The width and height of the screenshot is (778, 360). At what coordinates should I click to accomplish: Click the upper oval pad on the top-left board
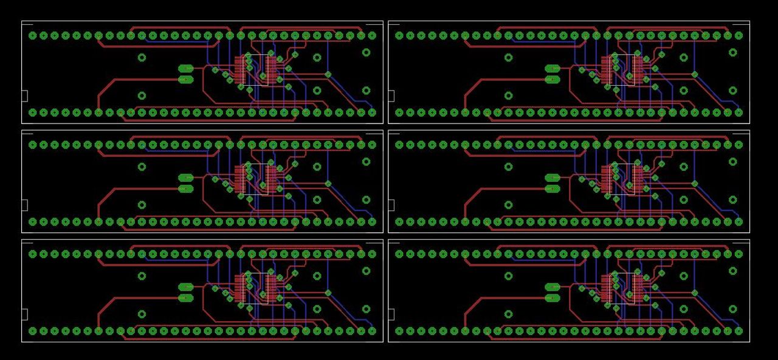(185, 69)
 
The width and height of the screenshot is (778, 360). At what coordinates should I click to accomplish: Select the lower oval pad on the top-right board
(552, 80)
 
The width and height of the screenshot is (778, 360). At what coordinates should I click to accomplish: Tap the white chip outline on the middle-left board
(256, 179)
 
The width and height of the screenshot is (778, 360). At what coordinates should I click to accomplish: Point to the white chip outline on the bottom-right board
(622, 288)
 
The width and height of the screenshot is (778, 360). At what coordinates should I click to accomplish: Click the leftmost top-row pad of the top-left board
(33, 35)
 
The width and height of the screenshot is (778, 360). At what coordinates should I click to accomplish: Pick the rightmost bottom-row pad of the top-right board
(738, 112)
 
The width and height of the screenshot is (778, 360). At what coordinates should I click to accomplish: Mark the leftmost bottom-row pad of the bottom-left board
(33, 331)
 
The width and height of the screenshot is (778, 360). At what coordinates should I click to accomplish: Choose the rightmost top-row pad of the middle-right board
(738, 145)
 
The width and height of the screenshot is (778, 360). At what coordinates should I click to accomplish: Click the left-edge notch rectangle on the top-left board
(25, 95)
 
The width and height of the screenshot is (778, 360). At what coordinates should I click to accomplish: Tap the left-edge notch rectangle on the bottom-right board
(391, 314)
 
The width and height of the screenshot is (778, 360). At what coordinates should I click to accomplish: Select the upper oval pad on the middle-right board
(552, 178)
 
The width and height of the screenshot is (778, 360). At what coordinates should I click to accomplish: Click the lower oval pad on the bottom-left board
(185, 298)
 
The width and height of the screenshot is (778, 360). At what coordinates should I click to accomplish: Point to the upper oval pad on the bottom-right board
(552, 287)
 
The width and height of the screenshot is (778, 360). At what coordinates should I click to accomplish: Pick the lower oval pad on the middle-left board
(185, 189)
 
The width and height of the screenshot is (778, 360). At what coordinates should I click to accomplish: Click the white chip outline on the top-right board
(622, 70)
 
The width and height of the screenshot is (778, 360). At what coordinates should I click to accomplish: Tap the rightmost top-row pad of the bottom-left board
(372, 254)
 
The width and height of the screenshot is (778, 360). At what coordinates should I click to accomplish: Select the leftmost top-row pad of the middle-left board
(33, 145)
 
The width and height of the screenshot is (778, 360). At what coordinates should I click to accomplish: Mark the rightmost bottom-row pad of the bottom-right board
(738, 331)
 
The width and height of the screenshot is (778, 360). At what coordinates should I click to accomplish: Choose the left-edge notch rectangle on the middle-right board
(391, 205)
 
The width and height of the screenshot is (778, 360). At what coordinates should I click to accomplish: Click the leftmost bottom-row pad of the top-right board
(399, 112)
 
